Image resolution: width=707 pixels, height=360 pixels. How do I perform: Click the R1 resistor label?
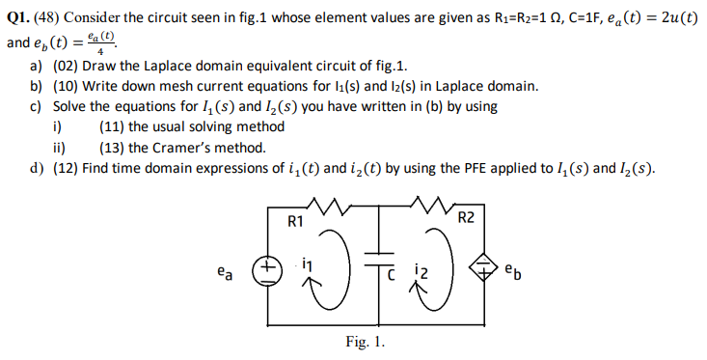click(296, 221)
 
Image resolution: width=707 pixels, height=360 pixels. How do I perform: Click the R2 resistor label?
click(466, 216)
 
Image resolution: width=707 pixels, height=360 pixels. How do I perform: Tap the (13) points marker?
click(110, 148)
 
